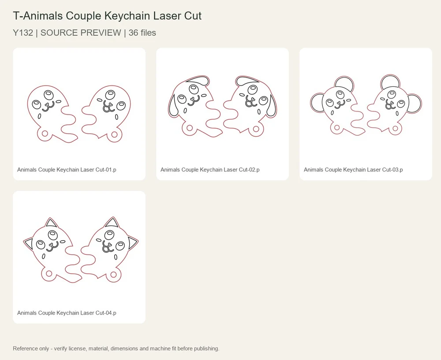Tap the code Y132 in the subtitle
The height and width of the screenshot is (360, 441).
(23, 33)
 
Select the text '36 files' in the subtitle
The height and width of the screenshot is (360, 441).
(142, 33)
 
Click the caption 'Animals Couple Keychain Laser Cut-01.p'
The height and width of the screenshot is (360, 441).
(67, 170)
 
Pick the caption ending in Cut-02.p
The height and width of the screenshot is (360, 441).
(210, 170)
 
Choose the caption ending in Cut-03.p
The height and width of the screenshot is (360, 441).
(353, 170)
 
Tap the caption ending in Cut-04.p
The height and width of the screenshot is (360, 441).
(67, 313)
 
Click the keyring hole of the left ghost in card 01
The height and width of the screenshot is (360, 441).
(45, 133)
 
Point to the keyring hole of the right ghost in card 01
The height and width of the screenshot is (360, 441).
(114, 134)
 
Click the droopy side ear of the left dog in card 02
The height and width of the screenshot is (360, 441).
(173, 104)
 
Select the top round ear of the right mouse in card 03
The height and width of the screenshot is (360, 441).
(390, 82)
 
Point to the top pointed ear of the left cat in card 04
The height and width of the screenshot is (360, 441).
(51, 223)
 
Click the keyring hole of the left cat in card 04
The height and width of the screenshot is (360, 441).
(49, 273)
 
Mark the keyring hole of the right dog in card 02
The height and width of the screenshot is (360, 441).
(256, 129)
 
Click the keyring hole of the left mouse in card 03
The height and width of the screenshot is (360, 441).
(337, 128)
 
